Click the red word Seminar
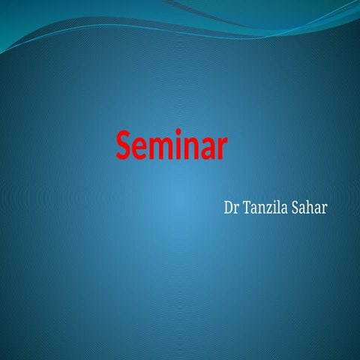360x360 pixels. point(172,145)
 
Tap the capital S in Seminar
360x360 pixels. point(124,145)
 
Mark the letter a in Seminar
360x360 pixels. point(206,148)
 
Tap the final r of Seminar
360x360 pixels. point(220,148)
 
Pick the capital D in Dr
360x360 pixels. point(228,205)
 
